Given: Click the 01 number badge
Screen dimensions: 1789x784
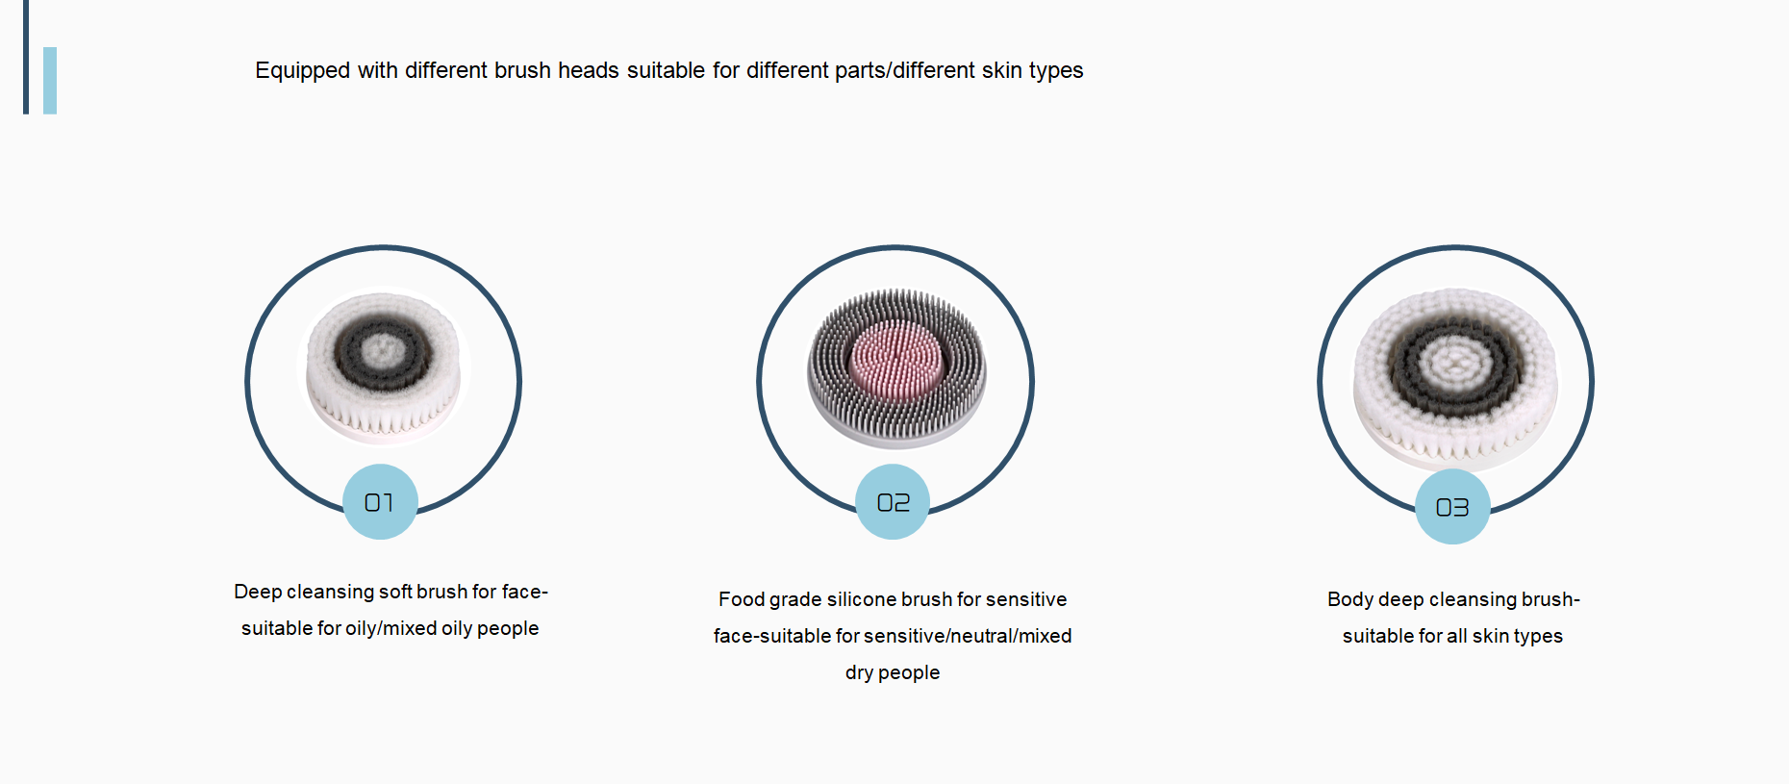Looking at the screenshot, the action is [380, 501].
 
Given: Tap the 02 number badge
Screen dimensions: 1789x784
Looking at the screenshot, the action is [893, 501].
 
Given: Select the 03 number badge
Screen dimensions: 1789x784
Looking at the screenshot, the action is [1452, 507].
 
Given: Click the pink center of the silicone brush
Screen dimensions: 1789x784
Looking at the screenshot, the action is [896, 360].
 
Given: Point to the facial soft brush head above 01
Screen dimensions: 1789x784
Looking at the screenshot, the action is [383, 367].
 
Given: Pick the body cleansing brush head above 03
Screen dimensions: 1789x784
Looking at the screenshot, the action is [1455, 377].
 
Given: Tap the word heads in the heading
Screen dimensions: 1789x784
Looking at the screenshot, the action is [589, 70].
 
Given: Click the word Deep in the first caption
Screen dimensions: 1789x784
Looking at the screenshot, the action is [258, 592].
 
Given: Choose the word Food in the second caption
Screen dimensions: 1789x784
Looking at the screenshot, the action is [742, 599].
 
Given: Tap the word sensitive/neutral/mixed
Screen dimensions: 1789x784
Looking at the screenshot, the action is [968, 636].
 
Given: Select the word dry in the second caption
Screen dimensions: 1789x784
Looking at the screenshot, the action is [859, 672].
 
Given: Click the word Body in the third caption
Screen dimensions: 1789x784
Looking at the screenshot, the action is [1350, 599].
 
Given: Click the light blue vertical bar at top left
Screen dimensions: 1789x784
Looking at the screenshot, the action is [50, 81].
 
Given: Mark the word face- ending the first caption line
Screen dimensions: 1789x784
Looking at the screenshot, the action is [525, 592].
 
